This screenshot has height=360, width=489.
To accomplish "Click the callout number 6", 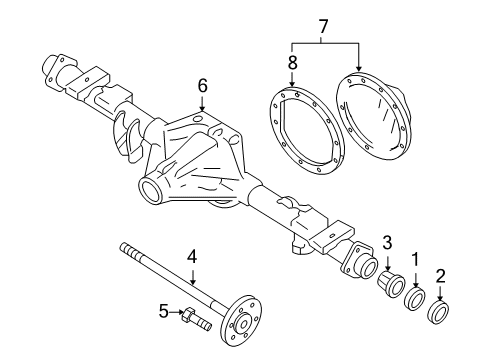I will click(x=202, y=87).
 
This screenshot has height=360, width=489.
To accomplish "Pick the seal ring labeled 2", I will click(x=439, y=313).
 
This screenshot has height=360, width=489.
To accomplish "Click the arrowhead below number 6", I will click(x=202, y=111).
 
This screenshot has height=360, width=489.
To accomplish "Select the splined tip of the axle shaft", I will click(x=125, y=248).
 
